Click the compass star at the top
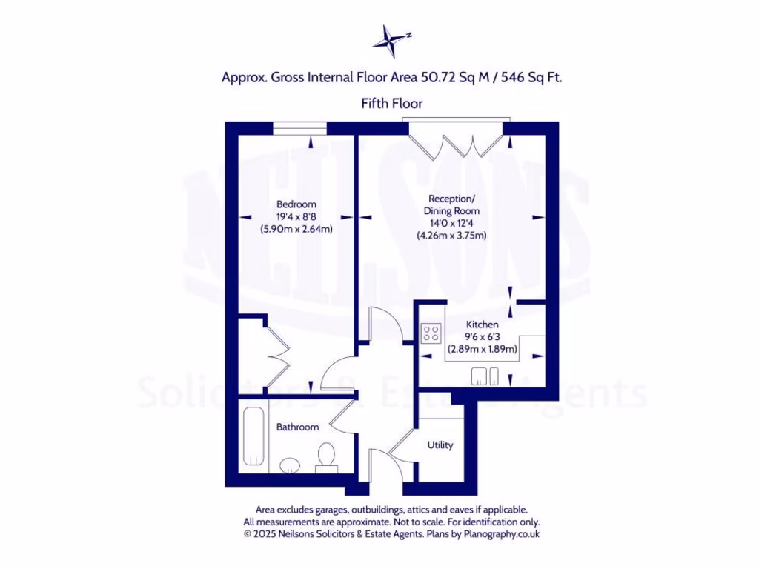coord(391,40)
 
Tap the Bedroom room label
coord(296,204)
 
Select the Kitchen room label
coord(482,325)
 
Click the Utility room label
coord(440,445)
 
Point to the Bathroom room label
coord(297,427)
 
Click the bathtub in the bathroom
coord(253,436)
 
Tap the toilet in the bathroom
coord(325,457)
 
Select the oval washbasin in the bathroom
coord(289,465)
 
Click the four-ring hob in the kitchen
coord(431,334)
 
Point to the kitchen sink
coord(485,377)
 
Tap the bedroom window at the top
coord(299,129)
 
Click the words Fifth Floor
coord(392,104)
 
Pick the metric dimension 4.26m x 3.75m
coord(451,236)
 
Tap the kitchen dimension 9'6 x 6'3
coord(482,337)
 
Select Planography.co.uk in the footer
coord(503,533)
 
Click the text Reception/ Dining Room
coord(451,204)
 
